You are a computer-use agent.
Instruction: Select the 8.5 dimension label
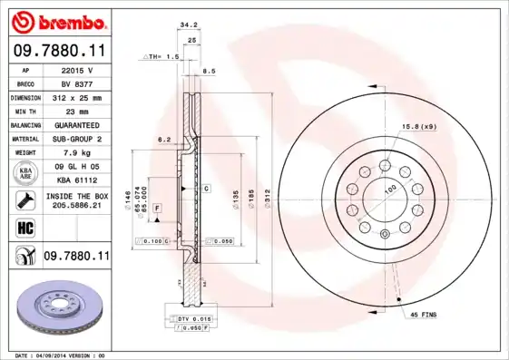click(x=209, y=70)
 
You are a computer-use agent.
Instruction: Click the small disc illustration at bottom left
click(x=56, y=308)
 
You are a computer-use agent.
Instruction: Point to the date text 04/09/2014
click(x=62, y=355)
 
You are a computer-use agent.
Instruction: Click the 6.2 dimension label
click(x=164, y=140)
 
